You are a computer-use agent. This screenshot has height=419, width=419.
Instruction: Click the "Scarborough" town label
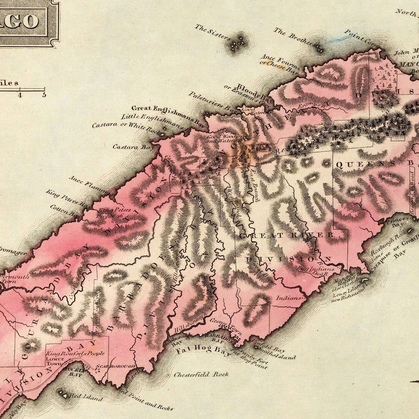(x=116, y=366)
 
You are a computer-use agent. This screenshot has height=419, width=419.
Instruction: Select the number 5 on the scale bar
(x=44, y=95)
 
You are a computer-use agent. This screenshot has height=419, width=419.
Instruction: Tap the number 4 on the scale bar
(x=20, y=95)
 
